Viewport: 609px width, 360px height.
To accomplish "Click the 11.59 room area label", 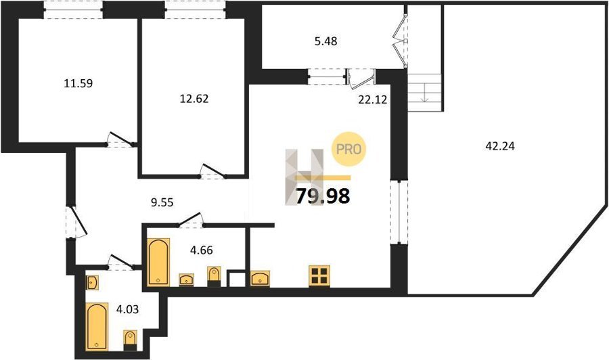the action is (x=78, y=83).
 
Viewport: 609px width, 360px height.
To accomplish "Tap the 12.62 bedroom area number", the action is (x=194, y=99).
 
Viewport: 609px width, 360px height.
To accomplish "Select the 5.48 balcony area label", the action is (x=325, y=41).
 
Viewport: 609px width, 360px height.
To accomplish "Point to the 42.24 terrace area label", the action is (x=500, y=146).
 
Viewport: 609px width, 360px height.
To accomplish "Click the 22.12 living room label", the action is (x=373, y=99).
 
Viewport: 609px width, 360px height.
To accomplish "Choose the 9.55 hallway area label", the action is (x=162, y=202).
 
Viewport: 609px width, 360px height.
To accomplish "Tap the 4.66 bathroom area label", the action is (x=201, y=250).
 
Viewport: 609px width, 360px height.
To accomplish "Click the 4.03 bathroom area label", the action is (x=127, y=309).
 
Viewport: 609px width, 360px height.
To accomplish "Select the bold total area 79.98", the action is (x=323, y=196).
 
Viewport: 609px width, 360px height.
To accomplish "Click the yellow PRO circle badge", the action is (x=348, y=149).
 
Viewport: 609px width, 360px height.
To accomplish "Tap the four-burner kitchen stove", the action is (x=319, y=276).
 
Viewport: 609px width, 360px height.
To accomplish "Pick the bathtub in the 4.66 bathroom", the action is (x=158, y=262).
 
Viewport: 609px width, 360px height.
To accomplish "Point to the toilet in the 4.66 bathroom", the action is (x=214, y=277).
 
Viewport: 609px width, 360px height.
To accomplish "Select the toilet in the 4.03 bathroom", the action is (x=130, y=340).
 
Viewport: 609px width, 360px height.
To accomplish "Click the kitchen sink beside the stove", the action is (x=261, y=279).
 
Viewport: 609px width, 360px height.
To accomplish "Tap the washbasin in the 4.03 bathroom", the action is (x=92, y=282).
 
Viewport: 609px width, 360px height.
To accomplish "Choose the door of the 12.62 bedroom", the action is (x=212, y=172).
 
